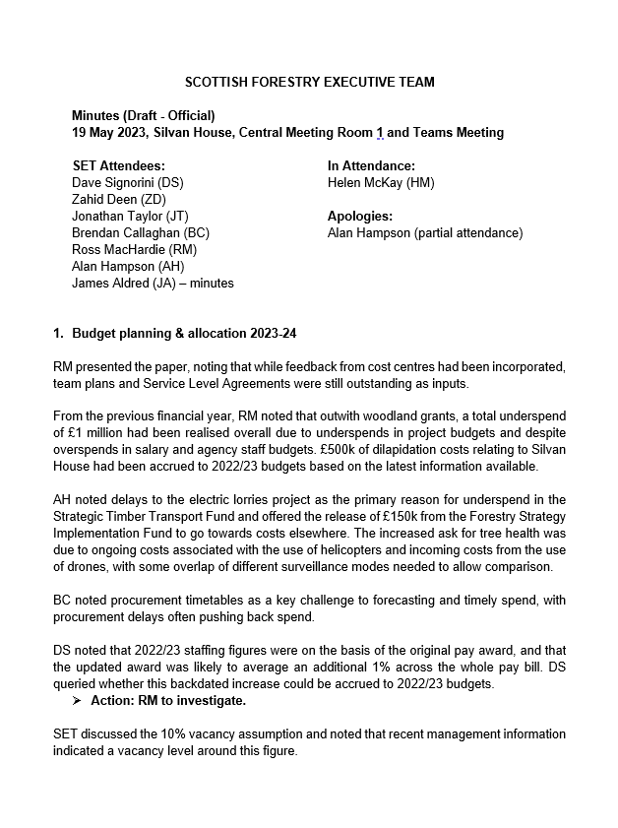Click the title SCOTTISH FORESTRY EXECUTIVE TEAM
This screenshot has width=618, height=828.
[x=310, y=82]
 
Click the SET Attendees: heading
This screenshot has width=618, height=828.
[x=118, y=165]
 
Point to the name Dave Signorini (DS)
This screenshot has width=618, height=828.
[x=128, y=183]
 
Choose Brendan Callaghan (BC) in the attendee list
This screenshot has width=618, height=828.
[x=141, y=233]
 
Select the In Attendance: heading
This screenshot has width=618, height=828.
[x=371, y=165]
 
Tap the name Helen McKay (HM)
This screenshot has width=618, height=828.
[x=381, y=183]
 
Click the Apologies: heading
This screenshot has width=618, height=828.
[x=359, y=217]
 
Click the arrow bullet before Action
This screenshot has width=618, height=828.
[x=78, y=701]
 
